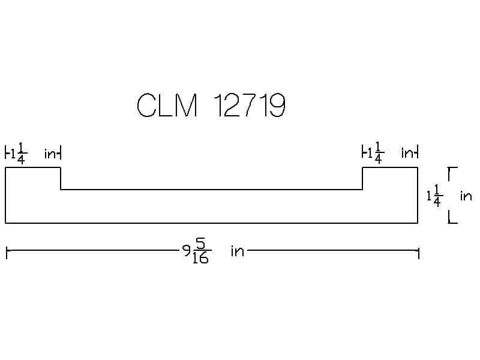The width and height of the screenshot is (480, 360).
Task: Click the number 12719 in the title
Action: (248, 106)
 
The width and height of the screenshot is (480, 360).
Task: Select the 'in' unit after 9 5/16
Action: (238, 251)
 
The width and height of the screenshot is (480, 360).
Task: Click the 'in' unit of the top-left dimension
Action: (51, 154)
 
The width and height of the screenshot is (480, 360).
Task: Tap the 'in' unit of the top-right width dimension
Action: (408, 154)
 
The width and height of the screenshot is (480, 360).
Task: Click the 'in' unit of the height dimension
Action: (466, 196)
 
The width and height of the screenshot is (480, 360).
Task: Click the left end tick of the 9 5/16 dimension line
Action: (6, 251)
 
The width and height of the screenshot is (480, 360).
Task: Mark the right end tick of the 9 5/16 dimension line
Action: (418, 251)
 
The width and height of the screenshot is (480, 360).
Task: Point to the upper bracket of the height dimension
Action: (452, 171)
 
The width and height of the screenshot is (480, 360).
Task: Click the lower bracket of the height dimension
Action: (452, 220)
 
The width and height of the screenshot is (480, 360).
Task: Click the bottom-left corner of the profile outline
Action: (6, 223)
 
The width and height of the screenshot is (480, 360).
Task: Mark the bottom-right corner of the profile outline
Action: (418, 223)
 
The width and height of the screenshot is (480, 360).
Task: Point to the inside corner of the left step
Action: (61, 190)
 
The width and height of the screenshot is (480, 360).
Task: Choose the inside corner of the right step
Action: (362, 190)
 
